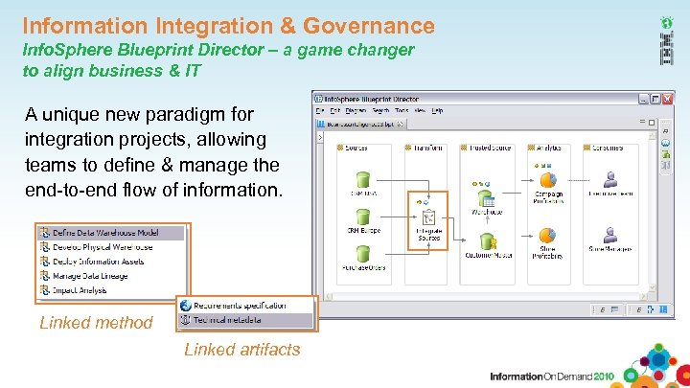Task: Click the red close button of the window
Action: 668,100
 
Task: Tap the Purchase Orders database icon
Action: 363,254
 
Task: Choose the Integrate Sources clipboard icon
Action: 428,218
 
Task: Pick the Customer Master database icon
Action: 487,241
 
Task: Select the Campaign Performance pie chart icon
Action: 548,180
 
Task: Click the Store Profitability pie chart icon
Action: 548,237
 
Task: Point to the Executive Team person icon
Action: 609,180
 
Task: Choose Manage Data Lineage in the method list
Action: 90,276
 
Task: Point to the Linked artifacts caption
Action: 242,350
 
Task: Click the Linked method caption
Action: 96,323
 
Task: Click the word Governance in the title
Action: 365,26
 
